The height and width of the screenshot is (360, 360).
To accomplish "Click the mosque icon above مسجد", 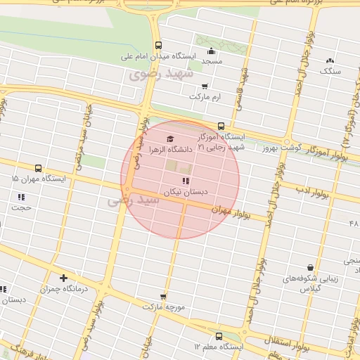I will [x=212, y=51].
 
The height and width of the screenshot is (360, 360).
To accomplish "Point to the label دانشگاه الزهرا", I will [x=169, y=149].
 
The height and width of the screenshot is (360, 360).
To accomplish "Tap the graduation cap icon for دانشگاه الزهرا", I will [x=169, y=139].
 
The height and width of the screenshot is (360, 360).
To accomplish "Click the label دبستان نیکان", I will [x=182, y=191].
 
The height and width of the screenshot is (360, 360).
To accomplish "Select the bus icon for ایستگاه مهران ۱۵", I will [x=37, y=168].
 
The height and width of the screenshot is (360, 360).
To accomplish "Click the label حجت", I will [x=22, y=207].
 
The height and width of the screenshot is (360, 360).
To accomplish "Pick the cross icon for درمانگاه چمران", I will [x=64, y=278].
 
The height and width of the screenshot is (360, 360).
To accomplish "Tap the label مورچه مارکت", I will [x=163, y=307].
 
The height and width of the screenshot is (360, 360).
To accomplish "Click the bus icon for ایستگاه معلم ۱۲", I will [x=219, y=336].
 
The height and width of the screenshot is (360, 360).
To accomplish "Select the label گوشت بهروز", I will [x=281, y=148].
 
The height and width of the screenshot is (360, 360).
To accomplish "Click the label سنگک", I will [x=329, y=71].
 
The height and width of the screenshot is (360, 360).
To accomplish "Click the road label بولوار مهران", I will [x=231, y=211].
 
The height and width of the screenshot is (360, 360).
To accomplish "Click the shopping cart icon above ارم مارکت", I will [x=205, y=86].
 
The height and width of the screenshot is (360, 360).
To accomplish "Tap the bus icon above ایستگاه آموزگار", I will [x=221, y=127].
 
